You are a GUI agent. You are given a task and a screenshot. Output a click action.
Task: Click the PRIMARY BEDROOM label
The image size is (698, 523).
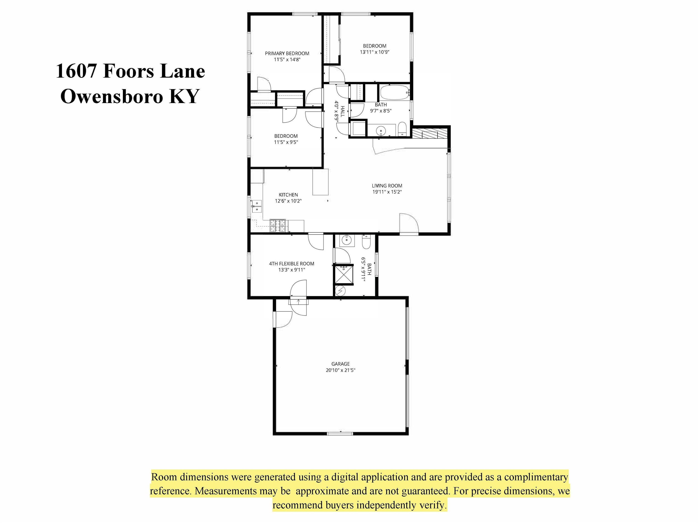pyautogui.click(x=287, y=53)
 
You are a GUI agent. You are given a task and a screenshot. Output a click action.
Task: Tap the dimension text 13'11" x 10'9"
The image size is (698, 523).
pyautogui.click(x=374, y=52)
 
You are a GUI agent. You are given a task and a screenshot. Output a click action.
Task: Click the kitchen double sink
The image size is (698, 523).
pyautogui.click(x=257, y=206)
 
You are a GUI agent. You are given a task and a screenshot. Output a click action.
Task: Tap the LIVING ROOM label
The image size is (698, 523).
pyautogui.click(x=387, y=186)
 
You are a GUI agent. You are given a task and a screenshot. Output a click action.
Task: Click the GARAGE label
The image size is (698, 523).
pyautogui.click(x=341, y=364)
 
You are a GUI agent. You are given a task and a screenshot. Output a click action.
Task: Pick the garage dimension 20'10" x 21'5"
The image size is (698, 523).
pyautogui.click(x=341, y=370)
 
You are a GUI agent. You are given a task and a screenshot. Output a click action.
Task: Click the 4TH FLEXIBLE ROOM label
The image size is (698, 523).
pyautogui.click(x=292, y=264)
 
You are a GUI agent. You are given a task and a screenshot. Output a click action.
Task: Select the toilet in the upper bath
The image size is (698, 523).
pyautogui.click(x=402, y=129)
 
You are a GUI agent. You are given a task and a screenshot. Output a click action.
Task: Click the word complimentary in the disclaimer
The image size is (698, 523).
pyautogui.click(x=536, y=477)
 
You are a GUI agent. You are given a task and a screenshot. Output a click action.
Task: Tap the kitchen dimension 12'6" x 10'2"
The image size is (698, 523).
pyautogui.click(x=288, y=201)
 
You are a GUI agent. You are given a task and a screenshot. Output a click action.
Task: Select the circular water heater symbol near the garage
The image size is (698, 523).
pyautogui.click(x=340, y=291)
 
